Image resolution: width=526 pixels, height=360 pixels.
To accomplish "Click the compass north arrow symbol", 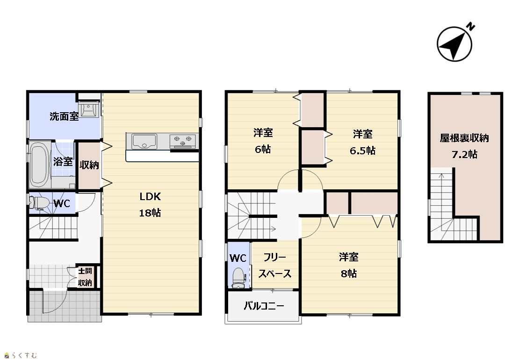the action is (x=454, y=44).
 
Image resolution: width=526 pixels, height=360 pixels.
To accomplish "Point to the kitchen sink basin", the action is (x=144, y=141).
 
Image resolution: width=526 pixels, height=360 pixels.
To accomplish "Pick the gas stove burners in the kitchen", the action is (x=183, y=141).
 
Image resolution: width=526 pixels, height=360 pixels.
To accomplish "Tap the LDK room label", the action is (x=150, y=197).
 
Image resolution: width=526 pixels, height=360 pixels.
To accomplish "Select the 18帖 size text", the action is (x=150, y=213).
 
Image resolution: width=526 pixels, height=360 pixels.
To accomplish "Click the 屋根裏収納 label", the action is (x=464, y=138).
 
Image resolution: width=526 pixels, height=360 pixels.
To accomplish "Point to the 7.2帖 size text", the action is (x=464, y=154).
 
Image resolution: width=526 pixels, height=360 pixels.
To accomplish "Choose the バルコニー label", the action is (x=264, y=306).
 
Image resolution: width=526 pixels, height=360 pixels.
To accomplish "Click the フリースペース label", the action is (x=275, y=266).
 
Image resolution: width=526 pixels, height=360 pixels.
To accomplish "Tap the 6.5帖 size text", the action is (x=363, y=151).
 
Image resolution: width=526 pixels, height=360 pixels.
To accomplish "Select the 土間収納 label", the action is (x=85, y=277).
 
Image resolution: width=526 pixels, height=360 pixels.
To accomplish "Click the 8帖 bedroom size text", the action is (x=349, y=274).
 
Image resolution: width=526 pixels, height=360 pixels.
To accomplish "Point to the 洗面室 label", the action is (x=64, y=116).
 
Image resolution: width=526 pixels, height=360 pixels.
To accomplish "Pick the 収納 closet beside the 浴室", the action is (x=89, y=165).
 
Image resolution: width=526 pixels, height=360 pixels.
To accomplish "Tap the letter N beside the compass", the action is (x=471, y=27).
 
